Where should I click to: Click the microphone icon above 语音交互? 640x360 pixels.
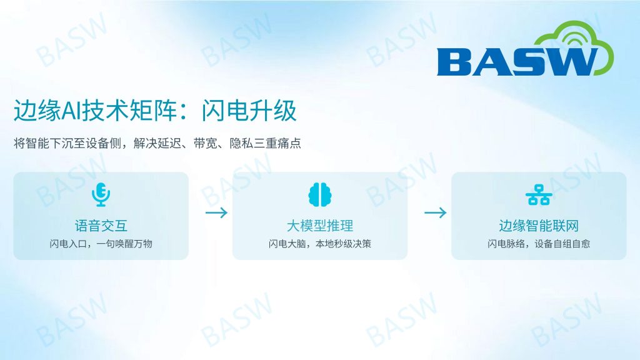[101, 195]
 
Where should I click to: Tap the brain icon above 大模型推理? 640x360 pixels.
[320, 195]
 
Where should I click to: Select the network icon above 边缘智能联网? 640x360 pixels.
[539, 195]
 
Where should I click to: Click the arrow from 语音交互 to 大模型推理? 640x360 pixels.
[216, 212]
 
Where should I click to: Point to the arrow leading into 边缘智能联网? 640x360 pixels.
[436, 212]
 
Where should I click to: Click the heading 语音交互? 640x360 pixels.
[101, 226]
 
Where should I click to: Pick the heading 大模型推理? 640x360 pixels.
[320, 226]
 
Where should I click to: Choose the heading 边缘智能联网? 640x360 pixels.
[539, 226]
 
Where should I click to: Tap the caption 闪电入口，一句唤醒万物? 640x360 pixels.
[101, 244]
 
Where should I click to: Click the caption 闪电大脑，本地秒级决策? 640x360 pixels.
[320, 244]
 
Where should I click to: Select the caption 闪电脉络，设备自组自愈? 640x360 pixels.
[539, 244]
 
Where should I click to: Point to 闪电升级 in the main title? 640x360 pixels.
[249, 111]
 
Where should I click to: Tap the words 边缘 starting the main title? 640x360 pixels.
[37, 111]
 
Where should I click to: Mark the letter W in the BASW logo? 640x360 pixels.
[569, 62]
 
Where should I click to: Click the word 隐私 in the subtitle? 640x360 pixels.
[241, 143]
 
